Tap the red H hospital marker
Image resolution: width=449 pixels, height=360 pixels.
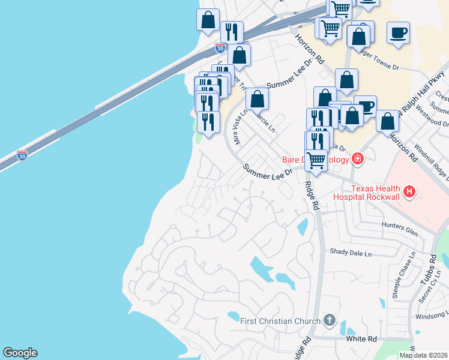409,192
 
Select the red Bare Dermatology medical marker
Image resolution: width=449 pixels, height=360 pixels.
358,159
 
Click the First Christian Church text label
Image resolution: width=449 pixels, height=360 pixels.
280,321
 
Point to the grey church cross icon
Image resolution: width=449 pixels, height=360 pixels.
329,320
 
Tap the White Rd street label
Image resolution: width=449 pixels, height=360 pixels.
361,339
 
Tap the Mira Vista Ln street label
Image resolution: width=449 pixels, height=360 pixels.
241,127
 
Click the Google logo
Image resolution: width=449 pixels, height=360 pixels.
20,353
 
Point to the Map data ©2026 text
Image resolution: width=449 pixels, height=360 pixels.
423,355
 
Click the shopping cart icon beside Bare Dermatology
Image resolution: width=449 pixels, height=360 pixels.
316,160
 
